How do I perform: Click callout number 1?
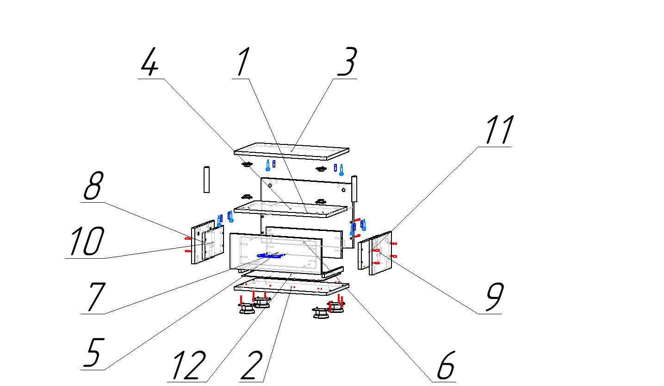coord(244,62)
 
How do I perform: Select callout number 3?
coord(347,62)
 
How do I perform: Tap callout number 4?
coord(149,62)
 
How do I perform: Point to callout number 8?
coord(93,185)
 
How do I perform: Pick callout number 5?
coord(94,353)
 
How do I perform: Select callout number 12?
coord(189,365)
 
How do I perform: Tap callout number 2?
coord(252,365)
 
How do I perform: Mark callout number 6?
coord(446,365)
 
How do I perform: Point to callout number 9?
coord(495,297)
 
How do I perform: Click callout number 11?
coord(500,130)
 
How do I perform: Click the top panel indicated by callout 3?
coord(292,151)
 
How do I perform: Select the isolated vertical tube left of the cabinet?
coord(207,180)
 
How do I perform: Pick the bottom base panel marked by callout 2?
coord(292,286)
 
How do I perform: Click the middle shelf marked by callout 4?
coord(291,209)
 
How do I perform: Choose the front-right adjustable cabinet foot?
coord(321,313)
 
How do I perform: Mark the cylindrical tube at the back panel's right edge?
coord(354,189)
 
